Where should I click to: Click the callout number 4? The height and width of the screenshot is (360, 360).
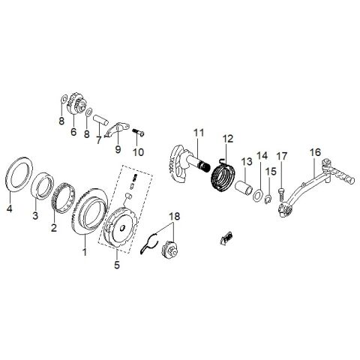pos(9,208)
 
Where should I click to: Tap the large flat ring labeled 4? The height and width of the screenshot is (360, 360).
pos(9,175)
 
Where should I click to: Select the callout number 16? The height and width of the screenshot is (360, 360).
pos(315,152)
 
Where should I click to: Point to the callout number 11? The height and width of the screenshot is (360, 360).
pos(199,133)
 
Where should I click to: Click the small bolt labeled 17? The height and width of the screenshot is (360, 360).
pos(280,194)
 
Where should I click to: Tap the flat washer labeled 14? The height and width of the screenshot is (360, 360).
pos(258,196)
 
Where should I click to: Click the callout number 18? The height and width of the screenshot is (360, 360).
pos(175,217)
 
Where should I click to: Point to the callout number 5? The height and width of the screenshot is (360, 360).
pos(117,265)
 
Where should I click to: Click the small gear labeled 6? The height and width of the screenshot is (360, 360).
pos(76,106)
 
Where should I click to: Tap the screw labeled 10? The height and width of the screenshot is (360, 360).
pos(138,133)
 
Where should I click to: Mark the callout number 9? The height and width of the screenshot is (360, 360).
pos(118,149)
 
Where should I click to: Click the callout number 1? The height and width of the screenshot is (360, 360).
pos(85,252)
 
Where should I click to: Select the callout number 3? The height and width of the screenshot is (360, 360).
pos(35,215)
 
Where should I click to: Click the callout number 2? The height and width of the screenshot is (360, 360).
pos(54,228)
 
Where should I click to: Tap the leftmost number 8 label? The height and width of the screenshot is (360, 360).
pos(61,121)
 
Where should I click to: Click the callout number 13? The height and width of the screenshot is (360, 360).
pos(247,162)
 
